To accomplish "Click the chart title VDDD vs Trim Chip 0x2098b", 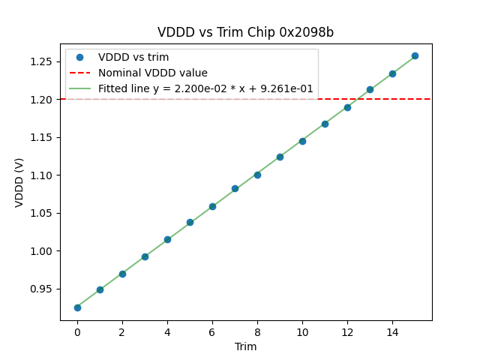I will click(x=245, y=32).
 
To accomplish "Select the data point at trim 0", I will click(x=77, y=307).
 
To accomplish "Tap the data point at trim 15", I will click(x=415, y=56).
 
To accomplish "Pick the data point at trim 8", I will click(x=257, y=175).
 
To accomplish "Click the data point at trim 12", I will click(x=347, y=107).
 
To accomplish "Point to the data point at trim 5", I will click(x=190, y=222).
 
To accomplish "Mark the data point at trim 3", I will click(x=145, y=256).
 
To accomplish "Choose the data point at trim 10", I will click(x=302, y=141).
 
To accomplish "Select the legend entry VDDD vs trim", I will click(x=133, y=58).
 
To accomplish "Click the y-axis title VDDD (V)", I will click(x=19, y=182).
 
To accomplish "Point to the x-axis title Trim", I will click(x=245, y=346).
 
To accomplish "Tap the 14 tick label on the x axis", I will click(x=392, y=332).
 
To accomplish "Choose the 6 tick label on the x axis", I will click(x=212, y=332).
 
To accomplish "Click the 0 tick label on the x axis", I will click(x=77, y=332).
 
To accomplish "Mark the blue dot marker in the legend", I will click(x=82, y=58).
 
